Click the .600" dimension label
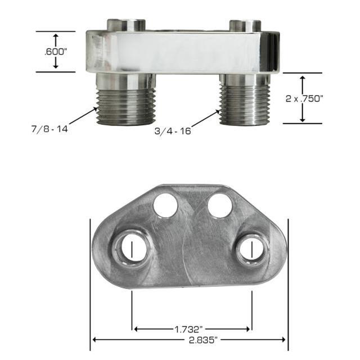55,52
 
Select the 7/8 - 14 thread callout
49,129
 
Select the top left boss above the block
126,25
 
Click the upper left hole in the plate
166,205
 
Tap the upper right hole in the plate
219,205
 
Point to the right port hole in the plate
251,248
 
